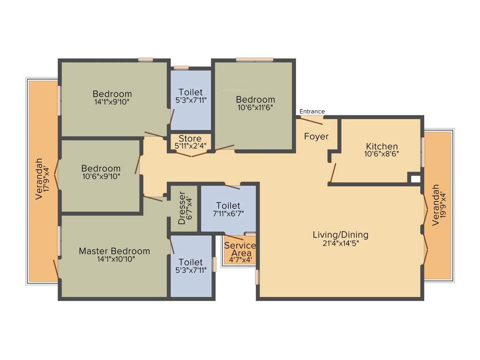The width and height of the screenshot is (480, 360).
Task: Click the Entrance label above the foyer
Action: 312,112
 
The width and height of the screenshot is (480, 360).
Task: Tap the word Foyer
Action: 316,136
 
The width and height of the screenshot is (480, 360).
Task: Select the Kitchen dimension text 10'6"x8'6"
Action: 382,154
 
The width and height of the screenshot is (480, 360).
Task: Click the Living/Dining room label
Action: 340,235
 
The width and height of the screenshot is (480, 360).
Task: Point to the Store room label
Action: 190,139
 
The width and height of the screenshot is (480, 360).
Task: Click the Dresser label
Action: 182,209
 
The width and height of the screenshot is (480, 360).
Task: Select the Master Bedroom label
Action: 114,251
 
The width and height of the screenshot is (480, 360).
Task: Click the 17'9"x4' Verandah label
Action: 42,179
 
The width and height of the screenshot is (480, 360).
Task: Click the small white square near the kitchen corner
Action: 414,178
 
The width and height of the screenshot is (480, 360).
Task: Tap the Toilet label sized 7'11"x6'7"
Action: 228,206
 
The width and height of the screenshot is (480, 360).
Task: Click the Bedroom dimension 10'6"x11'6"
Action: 255,107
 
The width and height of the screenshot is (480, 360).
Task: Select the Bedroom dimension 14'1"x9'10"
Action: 112,101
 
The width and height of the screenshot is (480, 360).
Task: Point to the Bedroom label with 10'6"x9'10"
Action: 101,168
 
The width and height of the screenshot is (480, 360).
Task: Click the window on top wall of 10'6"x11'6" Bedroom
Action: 254,60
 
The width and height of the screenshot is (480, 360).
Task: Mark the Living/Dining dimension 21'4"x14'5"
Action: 340,243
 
